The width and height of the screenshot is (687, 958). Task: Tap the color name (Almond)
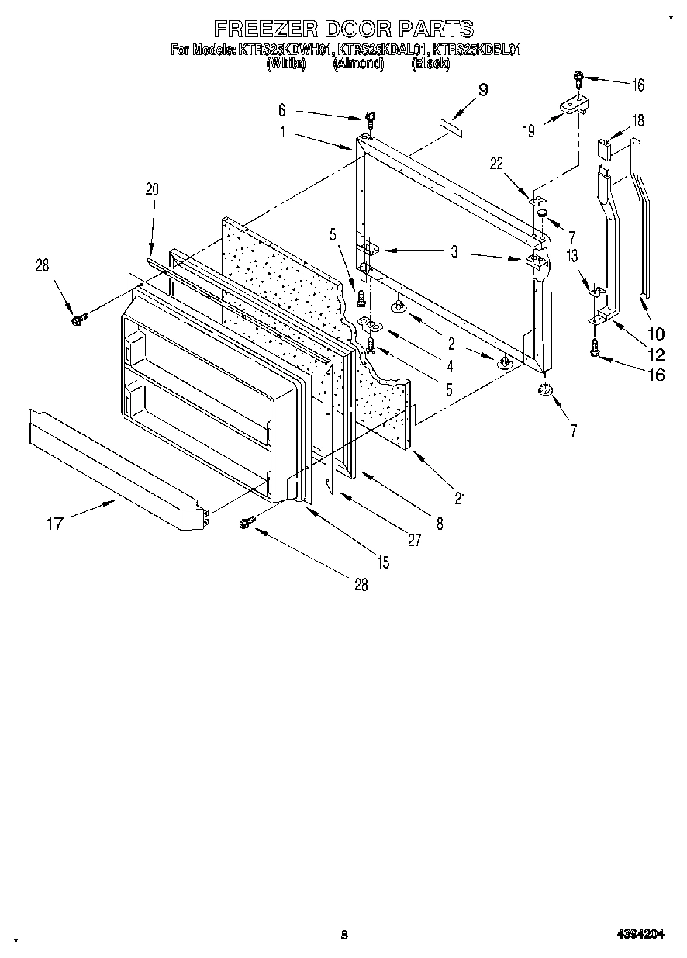click(x=358, y=64)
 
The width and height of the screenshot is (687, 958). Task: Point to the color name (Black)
click(x=430, y=64)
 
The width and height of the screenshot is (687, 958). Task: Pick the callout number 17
click(x=54, y=524)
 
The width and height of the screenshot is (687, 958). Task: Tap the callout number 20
click(x=151, y=188)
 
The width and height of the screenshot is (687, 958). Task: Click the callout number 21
click(x=460, y=499)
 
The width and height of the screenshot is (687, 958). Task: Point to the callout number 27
click(x=414, y=541)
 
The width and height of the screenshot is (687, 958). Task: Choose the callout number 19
click(x=528, y=131)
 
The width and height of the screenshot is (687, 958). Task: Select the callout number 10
click(x=655, y=334)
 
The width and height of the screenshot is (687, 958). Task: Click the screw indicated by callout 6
click(x=371, y=119)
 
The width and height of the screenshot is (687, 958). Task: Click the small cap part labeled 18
click(x=606, y=147)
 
